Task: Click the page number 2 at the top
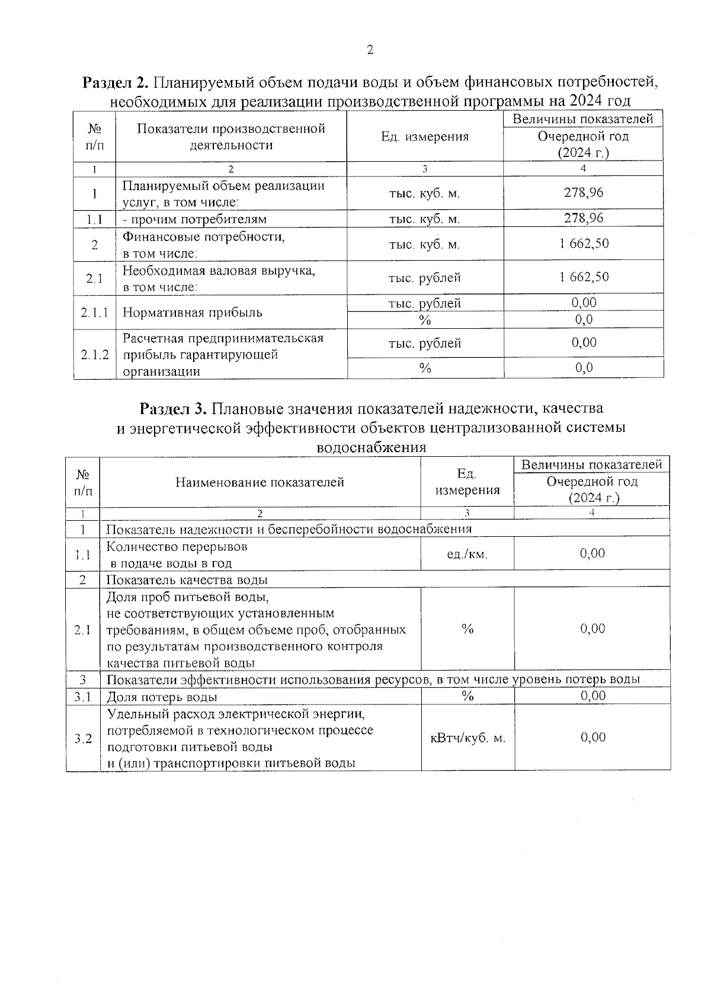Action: click(x=370, y=50)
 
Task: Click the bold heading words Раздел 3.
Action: click(x=173, y=408)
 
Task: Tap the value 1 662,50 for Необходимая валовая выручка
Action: click(x=584, y=277)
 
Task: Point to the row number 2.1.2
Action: click(x=94, y=355)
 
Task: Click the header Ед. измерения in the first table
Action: click(x=424, y=137)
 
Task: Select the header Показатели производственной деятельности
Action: click(x=231, y=137)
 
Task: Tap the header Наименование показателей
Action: click(x=260, y=482)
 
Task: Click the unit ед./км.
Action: click(x=467, y=554)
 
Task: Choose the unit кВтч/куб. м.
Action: click(x=467, y=738)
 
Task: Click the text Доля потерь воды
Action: click(x=162, y=697)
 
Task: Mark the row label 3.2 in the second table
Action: click(x=83, y=738)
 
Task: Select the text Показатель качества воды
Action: click(x=187, y=579)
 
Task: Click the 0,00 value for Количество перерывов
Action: click(x=592, y=553)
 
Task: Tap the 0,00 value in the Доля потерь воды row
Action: click(x=592, y=696)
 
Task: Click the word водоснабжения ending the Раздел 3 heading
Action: click(x=371, y=447)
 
